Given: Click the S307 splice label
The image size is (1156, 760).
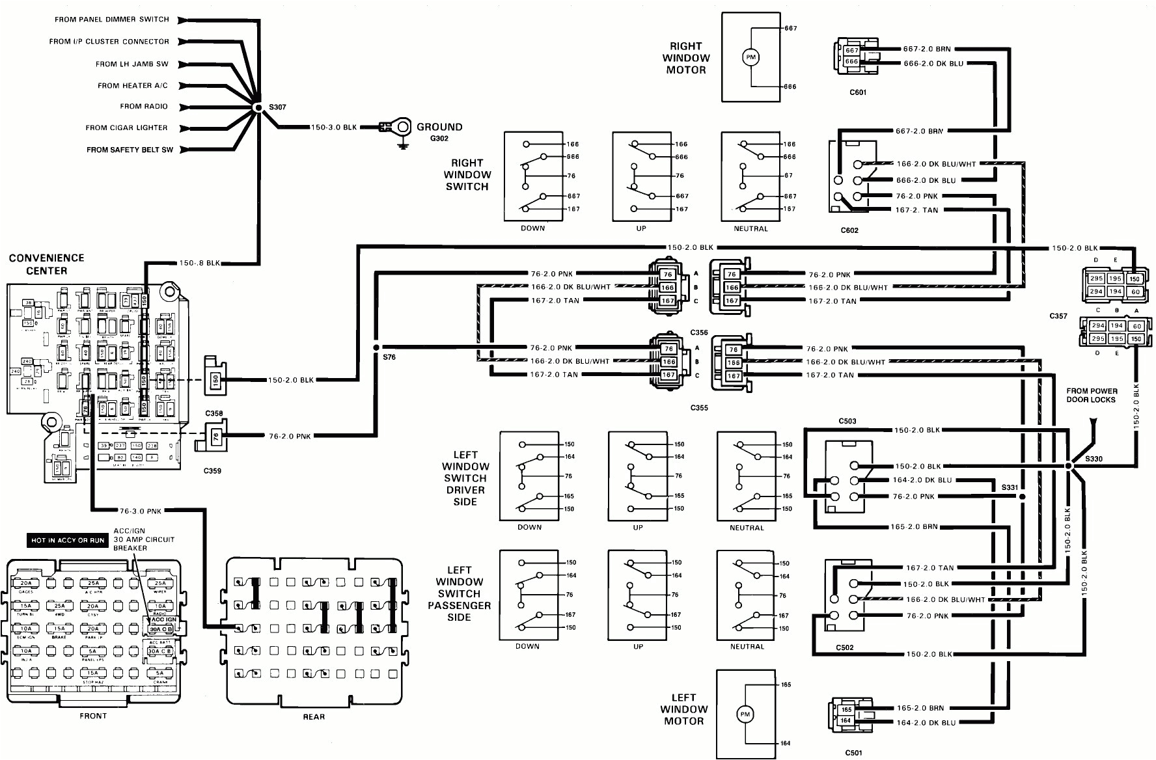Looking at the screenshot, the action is (277, 107).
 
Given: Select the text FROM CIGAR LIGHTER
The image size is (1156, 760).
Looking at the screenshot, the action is (126, 128).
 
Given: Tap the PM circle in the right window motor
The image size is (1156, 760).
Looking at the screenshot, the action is (750, 58).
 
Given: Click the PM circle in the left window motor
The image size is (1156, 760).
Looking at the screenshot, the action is (745, 714).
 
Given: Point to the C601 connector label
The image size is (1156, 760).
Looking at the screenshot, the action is (858, 92).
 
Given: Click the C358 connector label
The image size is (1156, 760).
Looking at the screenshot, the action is (213, 414).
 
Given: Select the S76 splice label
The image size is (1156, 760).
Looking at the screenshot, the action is (389, 357).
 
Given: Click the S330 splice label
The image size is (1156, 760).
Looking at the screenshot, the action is (1094, 459).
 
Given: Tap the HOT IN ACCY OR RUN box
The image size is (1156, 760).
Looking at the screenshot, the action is (68, 541).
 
